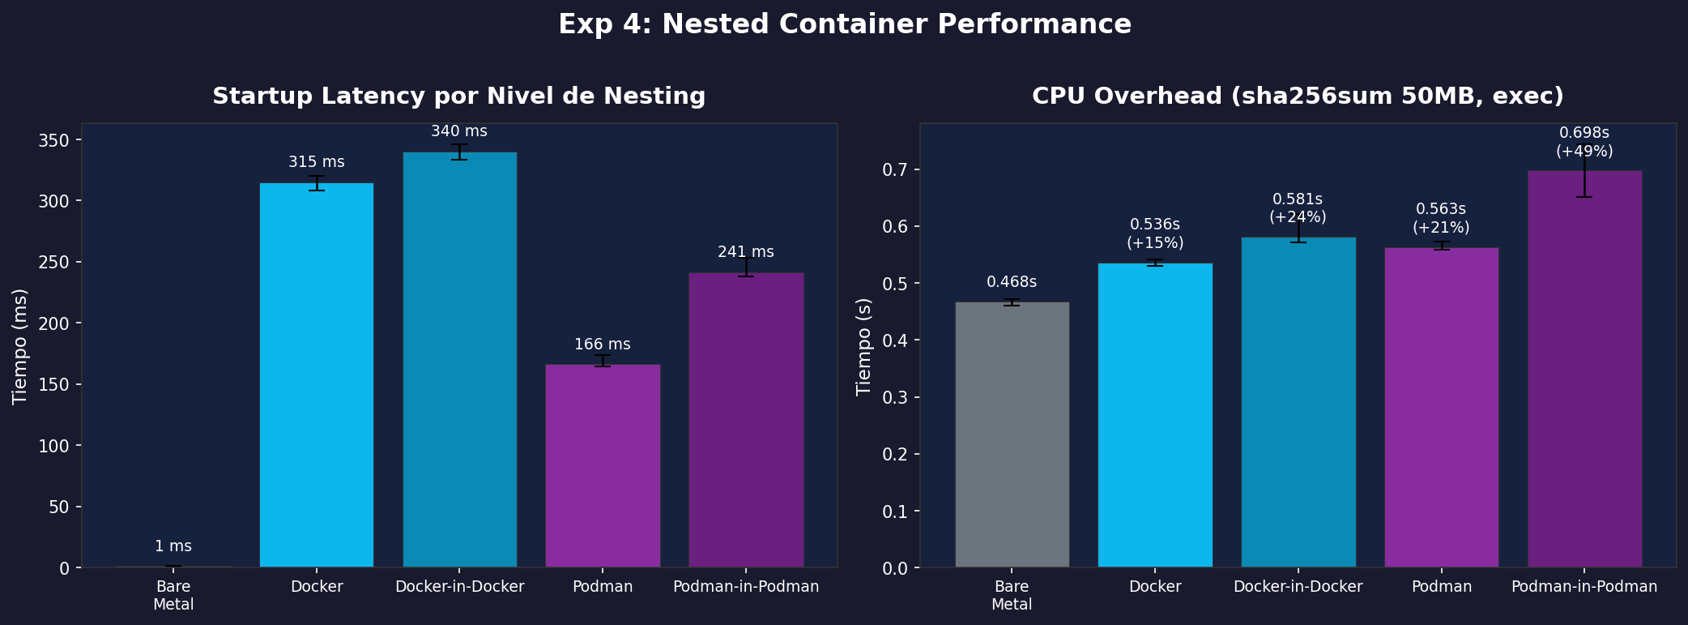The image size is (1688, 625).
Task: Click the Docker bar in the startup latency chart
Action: pyautogui.click(x=317, y=375)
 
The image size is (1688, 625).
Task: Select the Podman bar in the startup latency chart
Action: pyautogui.click(x=603, y=465)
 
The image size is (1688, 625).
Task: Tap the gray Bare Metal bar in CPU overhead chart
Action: pyautogui.click(x=1012, y=434)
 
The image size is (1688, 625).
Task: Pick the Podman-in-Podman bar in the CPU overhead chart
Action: pyautogui.click(x=1584, y=369)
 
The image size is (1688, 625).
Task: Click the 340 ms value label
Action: pyautogui.click(x=459, y=131)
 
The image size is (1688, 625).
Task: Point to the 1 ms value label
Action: pyautogui.click(x=173, y=546)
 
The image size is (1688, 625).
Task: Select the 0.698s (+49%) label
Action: pyautogui.click(x=1584, y=142)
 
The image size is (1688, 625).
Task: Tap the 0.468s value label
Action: pyautogui.click(x=1012, y=282)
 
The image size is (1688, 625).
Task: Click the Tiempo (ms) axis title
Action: pyautogui.click(x=20, y=346)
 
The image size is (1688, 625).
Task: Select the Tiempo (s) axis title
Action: pyautogui.click(x=864, y=346)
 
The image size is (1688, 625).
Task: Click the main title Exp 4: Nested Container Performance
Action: pyautogui.click(x=844, y=24)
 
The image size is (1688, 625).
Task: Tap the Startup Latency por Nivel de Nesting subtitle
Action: pyautogui.click(x=459, y=96)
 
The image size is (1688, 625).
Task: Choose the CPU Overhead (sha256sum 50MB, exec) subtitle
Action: pyautogui.click(x=1298, y=96)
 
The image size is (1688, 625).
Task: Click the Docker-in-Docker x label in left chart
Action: pyautogui.click(x=459, y=587)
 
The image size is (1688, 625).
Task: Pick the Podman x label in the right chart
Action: pyautogui.click(x=1441, y=587)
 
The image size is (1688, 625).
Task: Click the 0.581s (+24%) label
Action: pyautogui.click(x=1298, y=208)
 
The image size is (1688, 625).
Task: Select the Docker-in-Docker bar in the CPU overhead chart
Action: pyautogui.click(x=1298, y=402)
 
